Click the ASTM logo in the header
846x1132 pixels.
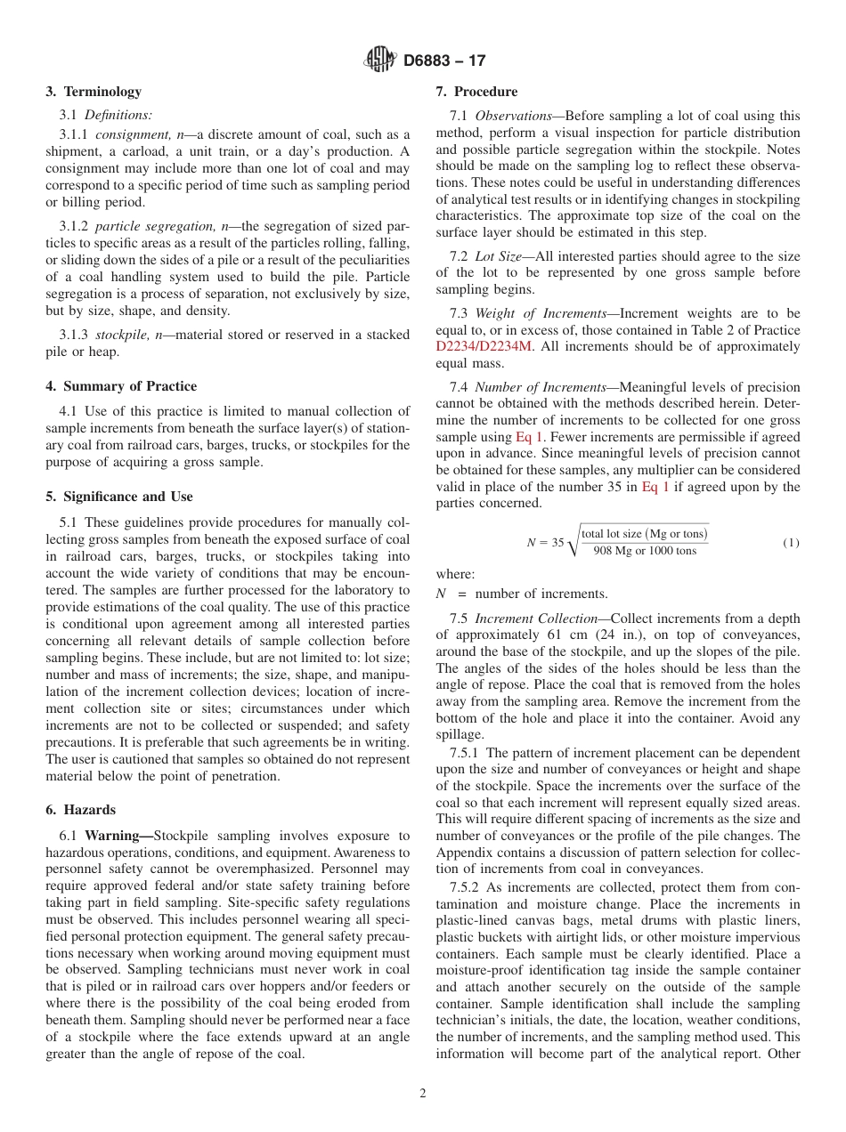pyautogui.click(x=380, y=61)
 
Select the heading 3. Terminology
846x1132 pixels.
pyautogui.click(x=94, y=92)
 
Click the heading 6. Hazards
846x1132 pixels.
pyautogui.click(x=80, y=810)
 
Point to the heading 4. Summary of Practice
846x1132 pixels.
pyautogui.click(x=121, y=386)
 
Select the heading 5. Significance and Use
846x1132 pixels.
pyautogui.click(x=119, y=497)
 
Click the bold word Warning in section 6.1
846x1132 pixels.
pyautogui.click(x=118, y=836)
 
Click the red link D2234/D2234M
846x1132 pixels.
pyautogui.click(x=484, y=346)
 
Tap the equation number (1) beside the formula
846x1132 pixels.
pyautogui.click(x=791, y=542)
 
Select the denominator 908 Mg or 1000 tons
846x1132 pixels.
pyautogui.click(x=645, y=551)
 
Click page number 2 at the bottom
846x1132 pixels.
pyautogui.click(x=423, y=1094)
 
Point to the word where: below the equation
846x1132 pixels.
pyautogui.click(x=455, y=575)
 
